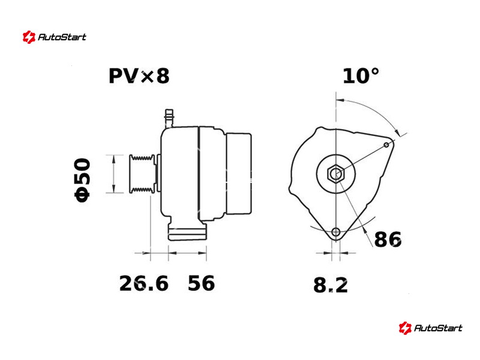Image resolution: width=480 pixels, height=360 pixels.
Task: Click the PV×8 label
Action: coord(139,76)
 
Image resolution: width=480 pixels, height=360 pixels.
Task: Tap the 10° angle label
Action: coord(361,76)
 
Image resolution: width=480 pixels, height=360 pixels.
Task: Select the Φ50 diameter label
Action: coord(83,180)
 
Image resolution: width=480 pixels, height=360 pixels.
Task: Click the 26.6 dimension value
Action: coord(143,283)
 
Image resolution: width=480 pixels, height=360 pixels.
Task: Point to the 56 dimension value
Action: coord(201,283)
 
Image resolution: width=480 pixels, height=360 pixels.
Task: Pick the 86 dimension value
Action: coord(388,239)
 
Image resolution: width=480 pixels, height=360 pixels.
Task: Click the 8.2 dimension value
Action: coord(331,286)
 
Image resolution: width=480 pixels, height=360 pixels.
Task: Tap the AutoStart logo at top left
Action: coord(55,37)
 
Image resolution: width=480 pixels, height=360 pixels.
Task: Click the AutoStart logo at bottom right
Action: coord(430,328)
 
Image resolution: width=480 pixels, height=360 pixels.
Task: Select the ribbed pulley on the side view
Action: coord(142,174)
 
